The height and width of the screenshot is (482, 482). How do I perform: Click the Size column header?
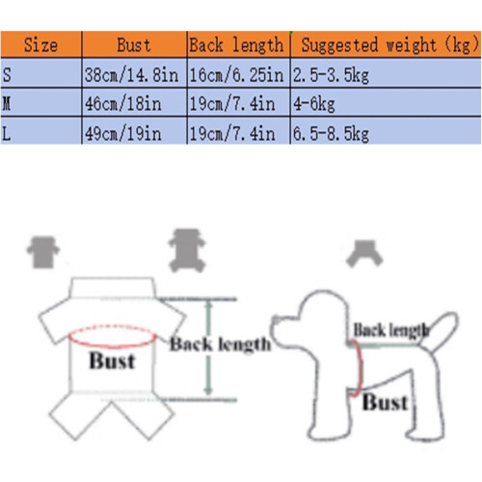click(40, 45)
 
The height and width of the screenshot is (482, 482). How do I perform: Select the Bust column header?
click(134, 45)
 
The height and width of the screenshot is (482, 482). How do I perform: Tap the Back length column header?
click(237, 45)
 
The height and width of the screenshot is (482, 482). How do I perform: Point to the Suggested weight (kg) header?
click(389, 45)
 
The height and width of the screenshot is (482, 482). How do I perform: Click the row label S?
click(7, 75)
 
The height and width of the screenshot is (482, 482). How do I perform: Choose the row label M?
click(7, 104)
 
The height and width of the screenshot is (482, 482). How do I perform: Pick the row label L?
click(7, 133)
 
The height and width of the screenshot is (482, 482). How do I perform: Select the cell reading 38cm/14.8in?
click(131, 75)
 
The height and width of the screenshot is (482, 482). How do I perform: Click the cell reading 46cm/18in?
click(123, 104)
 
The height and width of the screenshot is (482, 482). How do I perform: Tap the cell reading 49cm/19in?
click(123, 134)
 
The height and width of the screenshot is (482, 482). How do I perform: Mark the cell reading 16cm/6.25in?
click(236, 75)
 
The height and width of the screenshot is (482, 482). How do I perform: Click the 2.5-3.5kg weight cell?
click(331, 75)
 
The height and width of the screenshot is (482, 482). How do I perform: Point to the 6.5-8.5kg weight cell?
click(331, 134)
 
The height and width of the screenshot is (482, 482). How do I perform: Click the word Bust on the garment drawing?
click(112, 361)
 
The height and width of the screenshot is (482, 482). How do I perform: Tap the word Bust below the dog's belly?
click(386, 402)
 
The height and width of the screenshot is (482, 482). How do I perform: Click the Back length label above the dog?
click(391, 330)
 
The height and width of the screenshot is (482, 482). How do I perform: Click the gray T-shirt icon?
click(43, 253)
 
